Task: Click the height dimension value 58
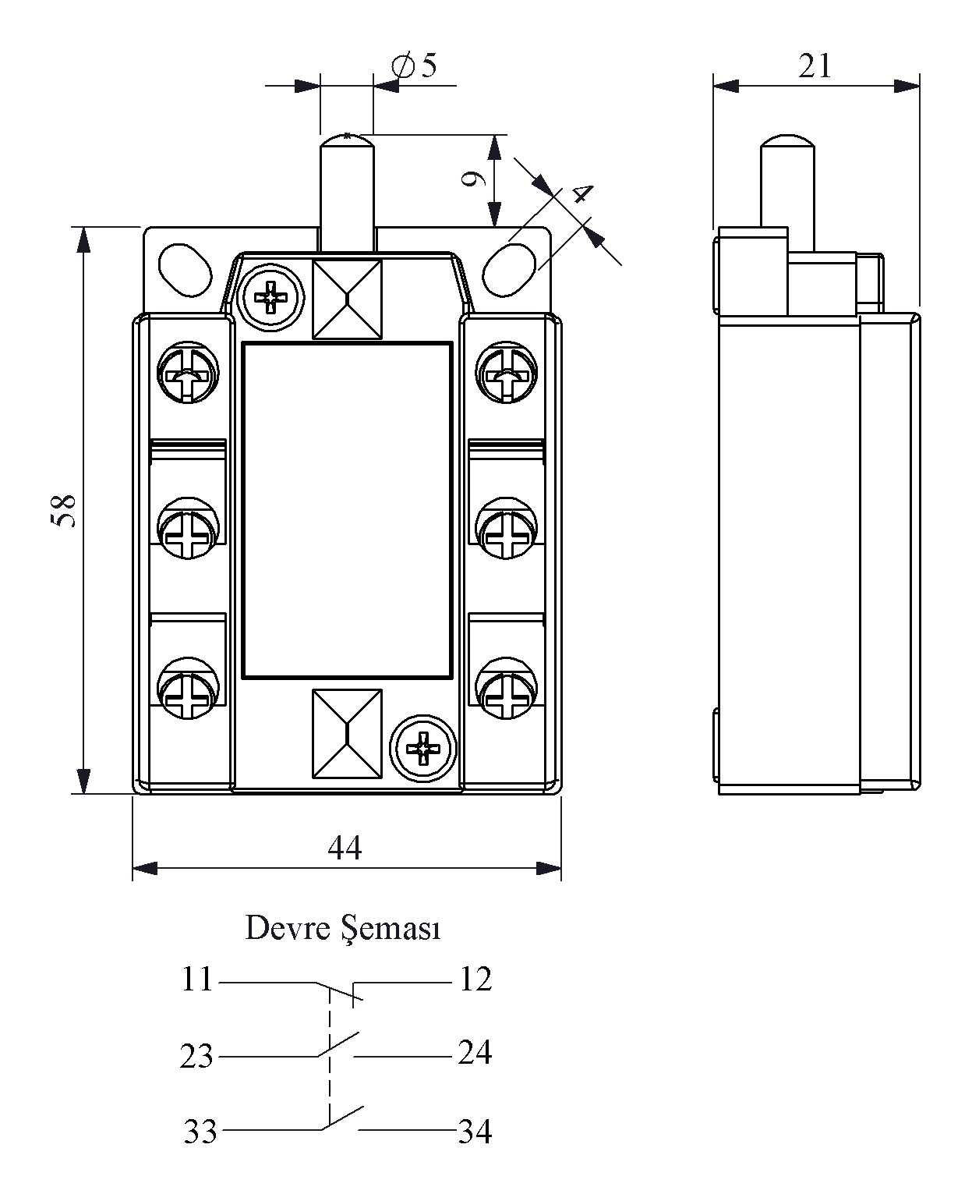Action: (x=62, y=510)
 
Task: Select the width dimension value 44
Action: (x=345, y=848)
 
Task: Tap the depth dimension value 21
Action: (x=815, y=67)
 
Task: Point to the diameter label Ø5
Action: (x=414, y=65)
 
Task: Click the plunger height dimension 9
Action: (x=474, y=179)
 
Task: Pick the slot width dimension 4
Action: (x=582, y=193)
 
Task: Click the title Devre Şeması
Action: (x=343, y=928)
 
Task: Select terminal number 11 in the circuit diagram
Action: (x=197, y=980)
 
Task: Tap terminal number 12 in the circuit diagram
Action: (x=475, y=980)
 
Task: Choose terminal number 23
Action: (x=196, y=1056)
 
